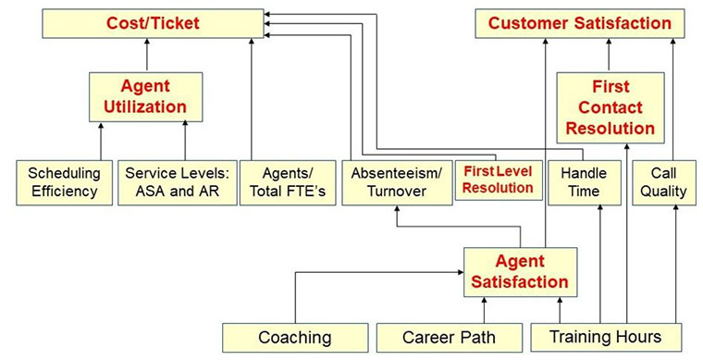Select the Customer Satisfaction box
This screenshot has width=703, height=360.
580,23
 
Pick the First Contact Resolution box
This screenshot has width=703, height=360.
610,107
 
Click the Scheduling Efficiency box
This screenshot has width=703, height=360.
63,182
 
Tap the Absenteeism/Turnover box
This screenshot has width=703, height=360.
395,182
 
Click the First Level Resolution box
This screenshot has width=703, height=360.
498,180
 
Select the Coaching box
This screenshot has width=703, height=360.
293,337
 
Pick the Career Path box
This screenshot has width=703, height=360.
449,337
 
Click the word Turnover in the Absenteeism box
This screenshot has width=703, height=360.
395,191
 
